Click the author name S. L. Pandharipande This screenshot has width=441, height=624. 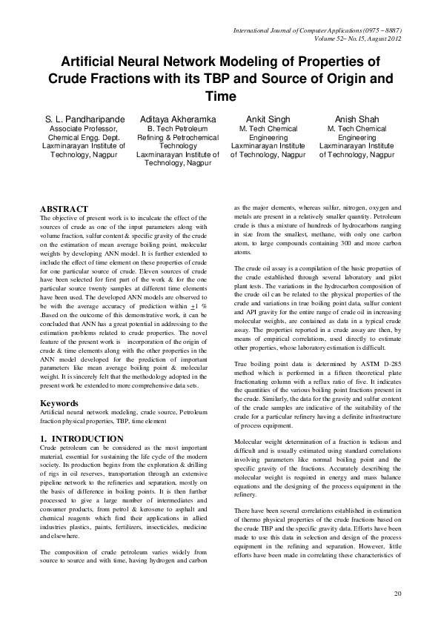click(79, 119)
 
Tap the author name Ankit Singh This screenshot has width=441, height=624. click(268, 119)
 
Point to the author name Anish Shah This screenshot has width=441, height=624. click(356, 119)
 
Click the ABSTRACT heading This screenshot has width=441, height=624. click(64, 210)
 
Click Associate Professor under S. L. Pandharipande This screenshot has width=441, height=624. click(79, 128)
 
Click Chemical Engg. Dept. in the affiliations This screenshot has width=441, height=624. click(79, 137)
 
